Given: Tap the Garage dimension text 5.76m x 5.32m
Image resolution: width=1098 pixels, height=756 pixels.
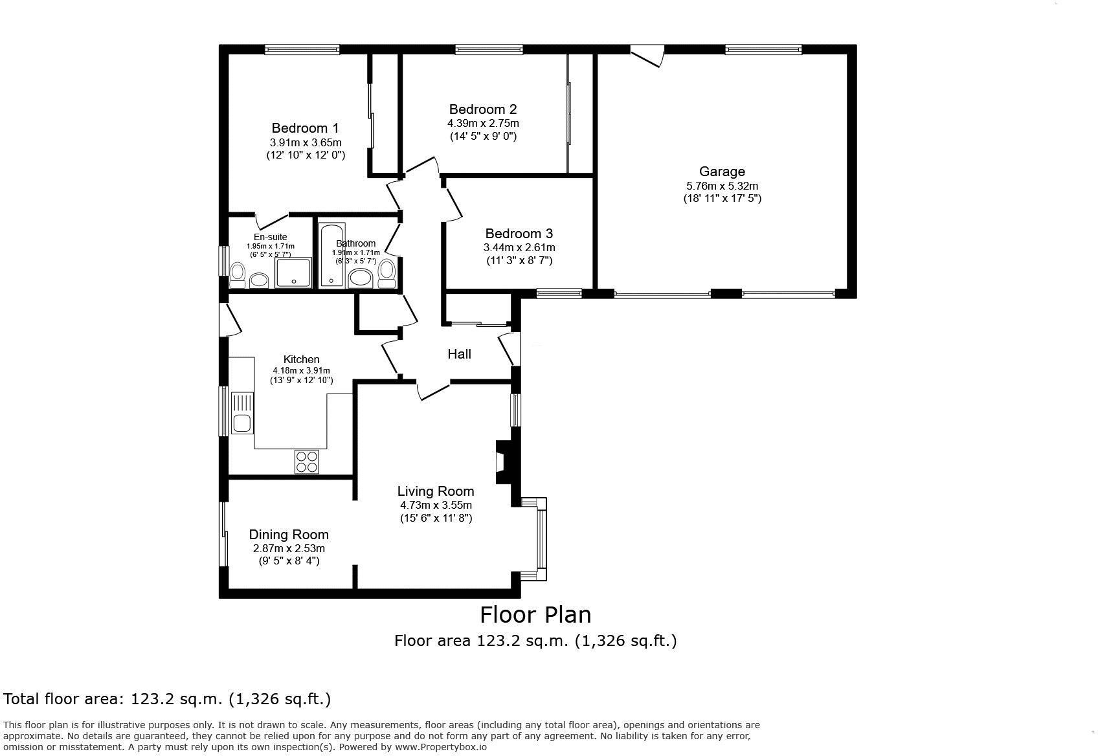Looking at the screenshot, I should [x=722, y=186].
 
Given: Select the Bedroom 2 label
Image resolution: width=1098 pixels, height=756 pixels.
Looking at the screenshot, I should [x=483, y=109].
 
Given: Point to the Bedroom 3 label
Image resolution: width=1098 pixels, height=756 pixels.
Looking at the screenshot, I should [x=519, y=234].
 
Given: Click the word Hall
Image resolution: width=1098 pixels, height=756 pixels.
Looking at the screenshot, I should [x=459, y=354].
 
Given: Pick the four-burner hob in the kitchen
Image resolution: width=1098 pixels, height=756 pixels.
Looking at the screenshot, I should [x=307, y=461].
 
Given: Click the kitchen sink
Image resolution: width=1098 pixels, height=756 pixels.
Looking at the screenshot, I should [x=243, y=413].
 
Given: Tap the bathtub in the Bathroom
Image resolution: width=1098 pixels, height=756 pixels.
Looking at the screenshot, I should [x=331, y=256].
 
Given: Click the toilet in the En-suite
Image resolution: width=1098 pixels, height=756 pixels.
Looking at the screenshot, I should [x=238, y=274].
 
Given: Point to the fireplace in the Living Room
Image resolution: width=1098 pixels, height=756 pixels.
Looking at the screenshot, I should [x=502, y=461].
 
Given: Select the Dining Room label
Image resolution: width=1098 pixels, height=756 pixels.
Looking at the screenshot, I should [x=289, y=535].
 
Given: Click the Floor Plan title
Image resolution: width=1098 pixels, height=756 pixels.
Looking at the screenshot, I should [x=535, y=614].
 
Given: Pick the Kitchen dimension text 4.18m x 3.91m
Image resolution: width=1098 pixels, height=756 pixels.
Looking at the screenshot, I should [x=301, y=370].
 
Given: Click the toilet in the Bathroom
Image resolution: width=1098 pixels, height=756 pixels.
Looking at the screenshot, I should [x=387, y=273].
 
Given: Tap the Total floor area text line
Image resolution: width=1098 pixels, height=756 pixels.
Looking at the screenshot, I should [x=167, y=699].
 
